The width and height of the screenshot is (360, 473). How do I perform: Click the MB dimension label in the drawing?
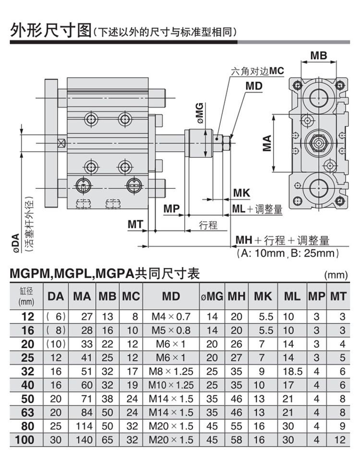(318, 56)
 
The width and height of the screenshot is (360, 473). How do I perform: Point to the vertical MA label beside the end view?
(267, 143)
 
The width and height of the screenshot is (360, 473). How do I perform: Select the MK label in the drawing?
(241, 194)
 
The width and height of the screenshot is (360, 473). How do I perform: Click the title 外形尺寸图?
(50, 31)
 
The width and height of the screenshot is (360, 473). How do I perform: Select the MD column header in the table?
(170, 296)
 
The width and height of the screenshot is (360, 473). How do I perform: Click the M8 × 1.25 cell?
(170, 371)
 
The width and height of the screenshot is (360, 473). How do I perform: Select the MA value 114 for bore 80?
(82, 426)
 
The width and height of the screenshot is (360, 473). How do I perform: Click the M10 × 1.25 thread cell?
(170, 385)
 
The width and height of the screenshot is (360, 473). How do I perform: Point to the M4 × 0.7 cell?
(170, 316)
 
